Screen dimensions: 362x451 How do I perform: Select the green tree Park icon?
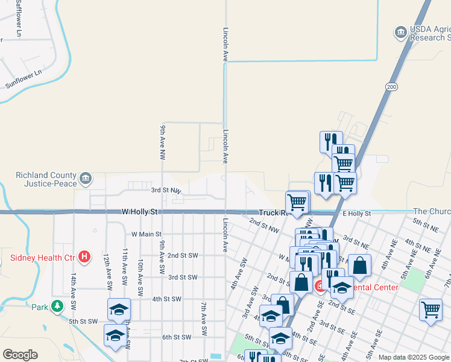[57, 306]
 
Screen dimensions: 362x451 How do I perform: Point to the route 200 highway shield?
[392, 87]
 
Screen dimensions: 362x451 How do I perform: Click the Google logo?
[20, 355]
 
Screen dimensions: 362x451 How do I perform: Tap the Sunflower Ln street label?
[24, 79]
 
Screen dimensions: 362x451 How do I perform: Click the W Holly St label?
[139, 212]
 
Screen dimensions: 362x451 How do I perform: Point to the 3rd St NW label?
[166, 190]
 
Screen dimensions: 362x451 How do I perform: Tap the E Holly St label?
[356, 214]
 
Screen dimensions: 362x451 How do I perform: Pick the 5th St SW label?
[83, 322]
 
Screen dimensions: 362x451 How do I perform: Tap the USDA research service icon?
[400, 33]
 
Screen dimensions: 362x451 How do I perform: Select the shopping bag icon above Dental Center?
[359, 265]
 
